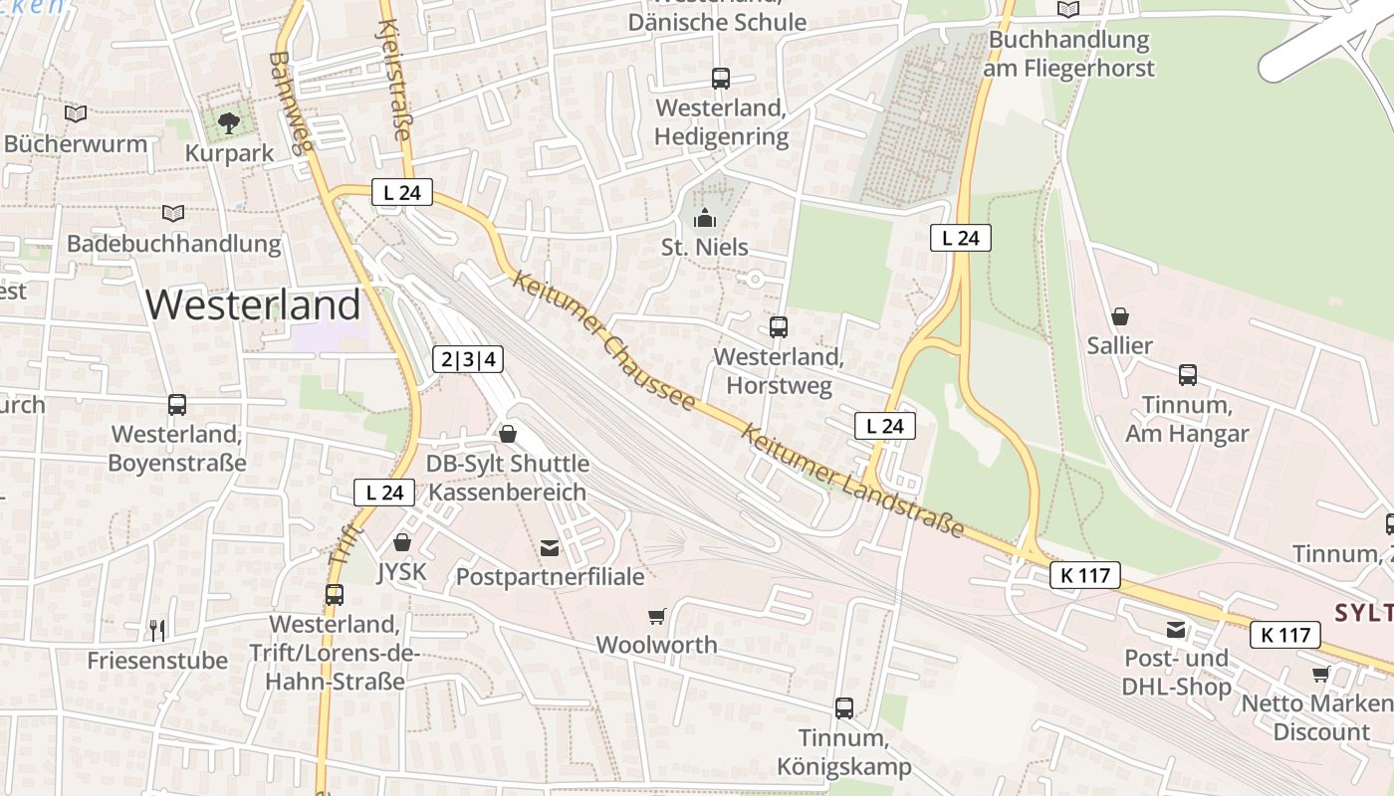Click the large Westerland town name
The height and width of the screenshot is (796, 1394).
point(253,304)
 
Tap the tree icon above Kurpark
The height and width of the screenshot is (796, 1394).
point(229,123)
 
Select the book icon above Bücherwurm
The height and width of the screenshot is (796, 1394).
point(76,113)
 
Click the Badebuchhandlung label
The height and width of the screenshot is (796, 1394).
point(174,244)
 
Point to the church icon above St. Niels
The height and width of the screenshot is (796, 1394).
point(705,217)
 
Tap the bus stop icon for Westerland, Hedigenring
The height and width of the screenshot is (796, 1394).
point(721,78)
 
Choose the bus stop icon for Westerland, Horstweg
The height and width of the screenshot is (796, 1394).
point(779,326)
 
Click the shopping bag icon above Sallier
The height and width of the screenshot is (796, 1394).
point(1120,316)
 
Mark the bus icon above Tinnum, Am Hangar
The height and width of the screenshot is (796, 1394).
point(1187,375)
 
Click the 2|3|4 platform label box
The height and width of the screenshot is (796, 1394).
point(468,359)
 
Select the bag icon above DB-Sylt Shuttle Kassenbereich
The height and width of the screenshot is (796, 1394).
point(508,434)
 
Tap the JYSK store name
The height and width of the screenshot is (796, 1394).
point(401,572)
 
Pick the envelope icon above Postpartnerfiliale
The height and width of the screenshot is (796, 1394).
point(550,547)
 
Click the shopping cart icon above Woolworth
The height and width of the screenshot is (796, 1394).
point(656,617)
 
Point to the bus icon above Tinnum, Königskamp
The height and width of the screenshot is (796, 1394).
point(844,707)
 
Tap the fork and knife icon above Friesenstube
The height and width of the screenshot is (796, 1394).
point(157,630)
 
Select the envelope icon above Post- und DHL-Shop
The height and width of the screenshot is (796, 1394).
point(1177,629)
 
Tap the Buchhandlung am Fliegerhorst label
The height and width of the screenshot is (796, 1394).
point(1068,54)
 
